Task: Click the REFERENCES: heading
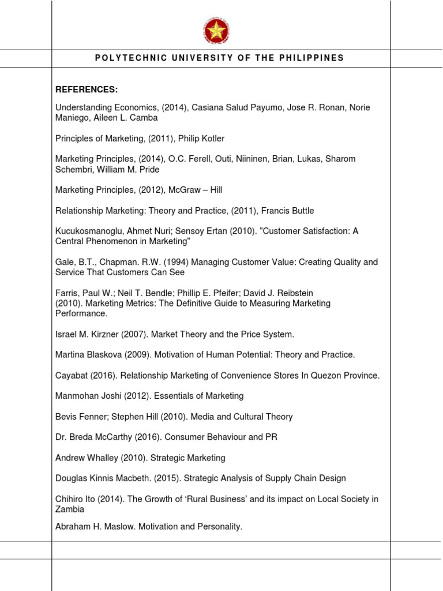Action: click(87, 89)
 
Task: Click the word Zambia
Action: click(70, 509)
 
